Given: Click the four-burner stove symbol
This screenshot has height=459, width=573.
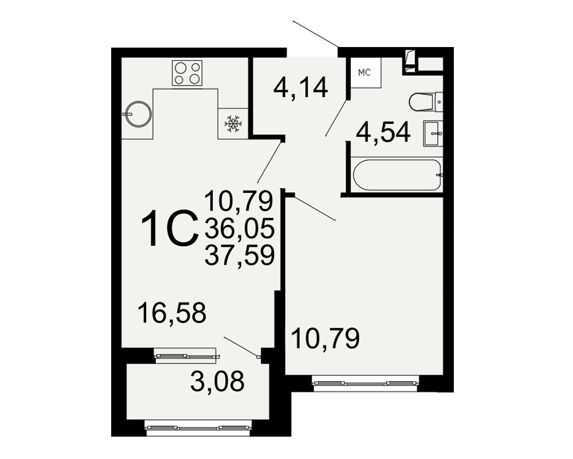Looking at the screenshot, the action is [x=187, y=73].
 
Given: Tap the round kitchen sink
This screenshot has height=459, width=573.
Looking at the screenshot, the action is [x=138, y=114].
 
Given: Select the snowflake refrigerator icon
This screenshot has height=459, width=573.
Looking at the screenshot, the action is [x=233, y=124].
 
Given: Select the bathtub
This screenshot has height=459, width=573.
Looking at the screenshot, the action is [x=397, y=174].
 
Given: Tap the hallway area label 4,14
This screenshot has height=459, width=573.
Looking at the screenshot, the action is [x=300, y=88].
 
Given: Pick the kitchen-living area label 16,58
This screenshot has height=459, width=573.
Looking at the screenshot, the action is [x=172, y=313].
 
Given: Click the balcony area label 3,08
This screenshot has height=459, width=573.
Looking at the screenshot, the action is [x=217, y=381].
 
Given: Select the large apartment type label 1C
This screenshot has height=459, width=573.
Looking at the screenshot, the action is [x=169, y=228].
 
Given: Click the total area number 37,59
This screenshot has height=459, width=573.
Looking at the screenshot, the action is [x=240, y=255].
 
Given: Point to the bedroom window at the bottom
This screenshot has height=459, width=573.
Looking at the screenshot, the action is [x=366, y=383].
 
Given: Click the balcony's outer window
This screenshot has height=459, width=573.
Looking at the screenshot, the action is [x=199, y=427].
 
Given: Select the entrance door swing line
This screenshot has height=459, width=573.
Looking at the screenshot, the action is [x=315, y=34].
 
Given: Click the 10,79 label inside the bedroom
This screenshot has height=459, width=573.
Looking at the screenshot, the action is [x=325, y=339].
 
